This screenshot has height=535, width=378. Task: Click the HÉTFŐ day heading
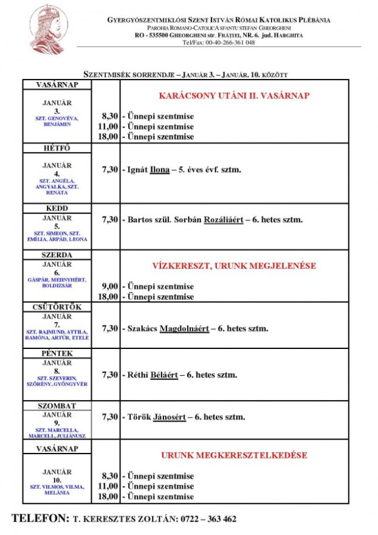pyautogui.click(x=57, y=148)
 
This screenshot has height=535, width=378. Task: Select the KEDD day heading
pyautogui.click(x=57, y=209)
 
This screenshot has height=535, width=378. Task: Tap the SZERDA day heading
pyautogui.click(x=57, y=255)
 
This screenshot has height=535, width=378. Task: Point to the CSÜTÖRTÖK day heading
pyautogui.click(x=57, y=307)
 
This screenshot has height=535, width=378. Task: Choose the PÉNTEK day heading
pyautogui.click(x=57, y=353)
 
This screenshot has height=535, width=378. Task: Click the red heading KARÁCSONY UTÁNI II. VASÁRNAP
pyautogui.click(x=234, y=96)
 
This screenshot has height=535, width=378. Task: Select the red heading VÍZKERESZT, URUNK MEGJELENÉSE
pyautogui.click(x=234, y=266)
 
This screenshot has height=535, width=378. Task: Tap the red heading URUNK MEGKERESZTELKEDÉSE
pyautogui.click(x=234, y=455)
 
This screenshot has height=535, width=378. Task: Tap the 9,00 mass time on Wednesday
pyautogui.click(x=109, y=286)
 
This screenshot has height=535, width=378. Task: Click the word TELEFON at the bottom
pyautogui.click(x=41, y=519)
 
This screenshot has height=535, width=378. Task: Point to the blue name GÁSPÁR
pyautogui.click(x=38, y=280)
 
